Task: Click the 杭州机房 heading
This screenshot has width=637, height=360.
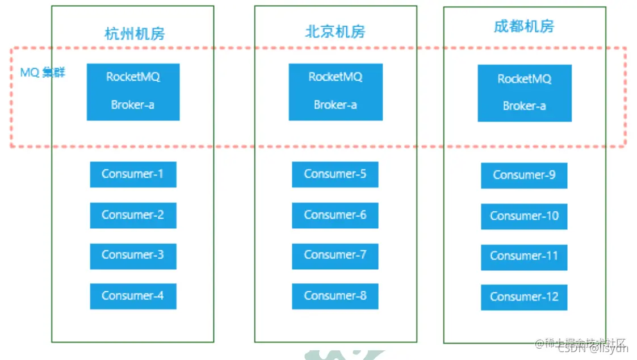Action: click(135, 34)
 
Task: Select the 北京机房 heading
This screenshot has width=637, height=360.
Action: click(335, 32)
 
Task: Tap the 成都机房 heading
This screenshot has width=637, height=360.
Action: click(524, 26)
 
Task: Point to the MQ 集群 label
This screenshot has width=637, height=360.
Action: click(43, 73)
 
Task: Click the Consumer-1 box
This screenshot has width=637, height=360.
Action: click(133, 174)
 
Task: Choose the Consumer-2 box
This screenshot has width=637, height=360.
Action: click(133, 215)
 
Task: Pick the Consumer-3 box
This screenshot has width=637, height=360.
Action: click(133, 256)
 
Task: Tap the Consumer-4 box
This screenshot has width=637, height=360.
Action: click(133, 296)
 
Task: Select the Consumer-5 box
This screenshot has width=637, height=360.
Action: click(335, 174)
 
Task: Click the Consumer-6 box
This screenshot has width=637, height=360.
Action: click(335, 215)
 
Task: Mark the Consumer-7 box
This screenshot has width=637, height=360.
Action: click(335, 256)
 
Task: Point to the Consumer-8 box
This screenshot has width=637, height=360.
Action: click(335, 296)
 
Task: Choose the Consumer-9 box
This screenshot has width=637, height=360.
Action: click(524, 175)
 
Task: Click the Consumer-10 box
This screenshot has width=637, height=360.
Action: click(524, 216)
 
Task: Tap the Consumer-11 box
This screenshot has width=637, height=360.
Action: click(524, 257)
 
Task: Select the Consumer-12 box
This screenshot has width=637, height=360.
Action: click(524, 297)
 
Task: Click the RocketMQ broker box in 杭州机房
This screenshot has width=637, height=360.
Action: click(133, 91)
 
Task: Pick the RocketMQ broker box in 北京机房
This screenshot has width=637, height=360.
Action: click(336, 91)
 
